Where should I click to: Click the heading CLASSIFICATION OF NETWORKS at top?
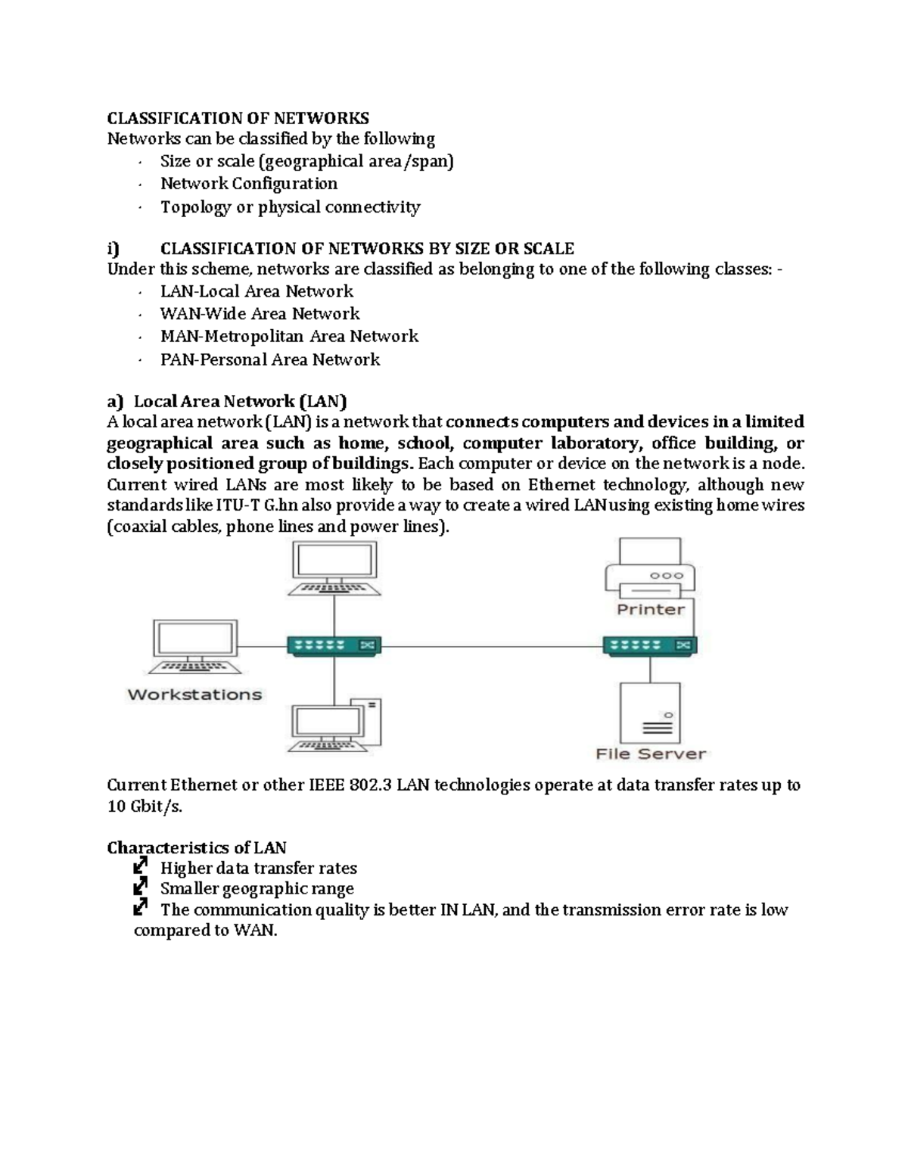(x=238, y=118)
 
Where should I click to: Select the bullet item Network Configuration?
(x=248, y=184)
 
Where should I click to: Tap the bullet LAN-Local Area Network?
(x=257, y=291)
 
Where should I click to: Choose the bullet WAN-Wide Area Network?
(x=260, y=314)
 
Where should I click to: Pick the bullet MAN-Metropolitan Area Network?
(x=289, y=336)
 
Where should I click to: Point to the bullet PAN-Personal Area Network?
(x=269, y=359)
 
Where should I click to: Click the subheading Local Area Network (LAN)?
(x=240, y=401)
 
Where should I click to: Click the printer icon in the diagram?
(x=650, y=568)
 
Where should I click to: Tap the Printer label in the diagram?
(x=650, y=610)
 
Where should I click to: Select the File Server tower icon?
(x=650, y=713)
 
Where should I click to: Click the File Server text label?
(x=650, y=754)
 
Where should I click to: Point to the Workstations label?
(x=194, y=695)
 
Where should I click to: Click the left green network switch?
(x=333, y=645)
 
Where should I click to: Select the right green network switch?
(x=650, y=645)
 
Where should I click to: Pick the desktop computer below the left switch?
(x=336, y=727)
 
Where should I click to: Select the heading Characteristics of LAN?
(x=196, y=847)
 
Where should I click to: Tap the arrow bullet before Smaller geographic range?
(x=140, y=887)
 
